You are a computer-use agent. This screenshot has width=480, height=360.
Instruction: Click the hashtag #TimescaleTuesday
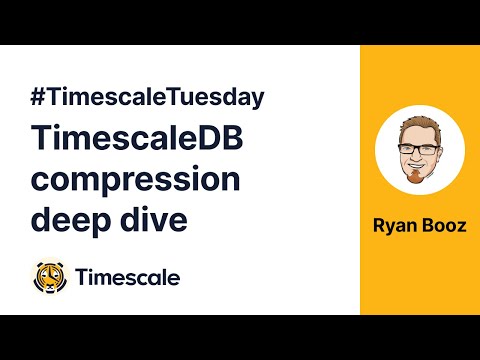pos(147,98)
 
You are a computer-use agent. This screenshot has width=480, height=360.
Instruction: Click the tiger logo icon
pos(49,277)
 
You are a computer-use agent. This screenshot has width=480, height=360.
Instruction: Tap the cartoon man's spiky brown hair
pos(420,128)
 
